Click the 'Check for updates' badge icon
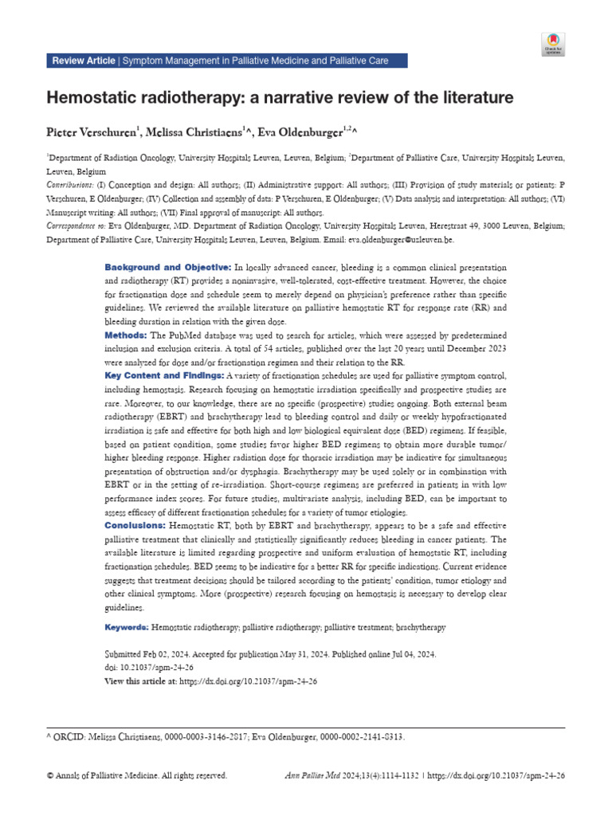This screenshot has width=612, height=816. [x=553, y=44]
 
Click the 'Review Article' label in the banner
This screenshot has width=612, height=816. [x=83, y=61]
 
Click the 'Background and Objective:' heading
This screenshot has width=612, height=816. [x=167, y=267]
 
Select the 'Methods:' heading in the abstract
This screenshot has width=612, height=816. [x=126, y=335]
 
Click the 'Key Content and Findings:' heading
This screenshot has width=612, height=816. [x=165, y=375]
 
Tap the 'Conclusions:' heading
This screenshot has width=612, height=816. [x=135, y=527]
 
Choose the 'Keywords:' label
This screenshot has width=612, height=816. [x=127, y=628]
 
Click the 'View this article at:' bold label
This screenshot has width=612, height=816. [x=141, y=682]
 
